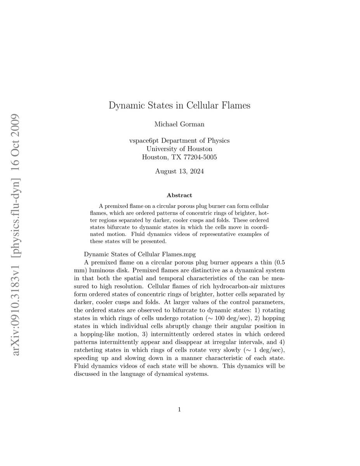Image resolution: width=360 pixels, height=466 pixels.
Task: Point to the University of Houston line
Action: pyautogui.click(x=179, y=149)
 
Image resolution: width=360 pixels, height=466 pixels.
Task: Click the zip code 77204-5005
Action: pyautogui.click(x=197, y=157)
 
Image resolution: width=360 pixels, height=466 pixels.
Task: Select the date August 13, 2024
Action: pyautogui.click(x=179, y=171)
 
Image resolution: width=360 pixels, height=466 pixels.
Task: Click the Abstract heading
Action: pyautogui.click(x=179, y=195)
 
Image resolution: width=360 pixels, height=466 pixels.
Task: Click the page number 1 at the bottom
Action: pyautogui.click(x=179, y=409)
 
